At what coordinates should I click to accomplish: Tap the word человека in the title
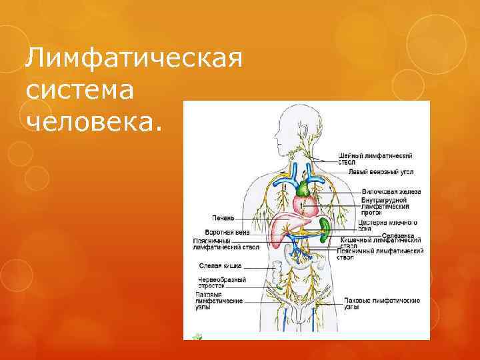(93, 121)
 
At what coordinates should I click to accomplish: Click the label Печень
(223, 217)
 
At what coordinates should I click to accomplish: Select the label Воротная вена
(219, 232)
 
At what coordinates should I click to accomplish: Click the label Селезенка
(398, 235)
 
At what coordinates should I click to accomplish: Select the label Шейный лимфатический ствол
(375, 159)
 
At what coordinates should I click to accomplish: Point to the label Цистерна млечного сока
(388, 225)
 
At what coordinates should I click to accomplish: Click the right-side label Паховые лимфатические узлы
(381, 304)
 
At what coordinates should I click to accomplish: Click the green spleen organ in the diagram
(325, 230)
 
